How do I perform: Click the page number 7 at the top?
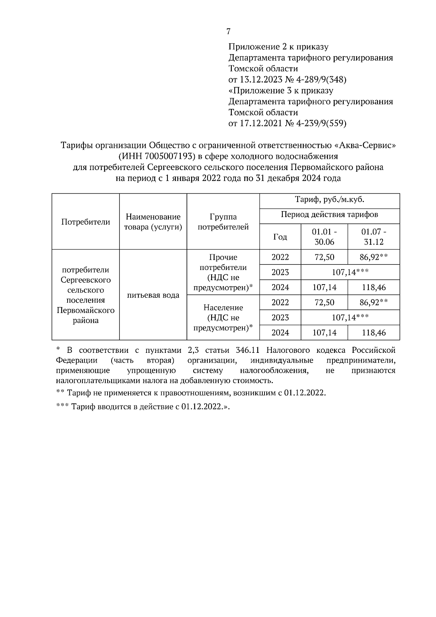[228, 32]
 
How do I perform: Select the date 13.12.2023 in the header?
[261, 80]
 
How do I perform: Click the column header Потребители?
[86, 222]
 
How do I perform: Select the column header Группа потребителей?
[223, 222]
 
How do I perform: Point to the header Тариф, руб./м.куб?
[330, 199]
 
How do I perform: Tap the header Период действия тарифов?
[330, 215]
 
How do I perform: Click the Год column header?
[280, 237]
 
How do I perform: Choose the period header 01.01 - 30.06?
[324, 237]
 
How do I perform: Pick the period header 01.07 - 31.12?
[374, 237]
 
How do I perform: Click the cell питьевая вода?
[153, 295]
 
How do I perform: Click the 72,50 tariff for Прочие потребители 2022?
[324, 257]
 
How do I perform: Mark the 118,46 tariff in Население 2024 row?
[374, 332]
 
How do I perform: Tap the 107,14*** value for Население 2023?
[350, 318]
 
